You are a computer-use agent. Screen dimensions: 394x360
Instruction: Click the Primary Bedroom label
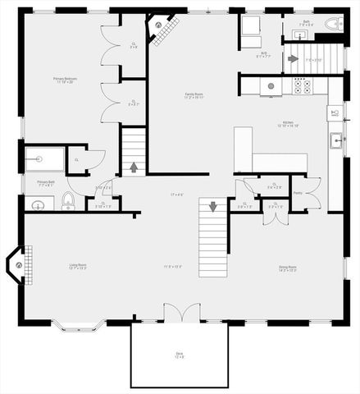(64, 80)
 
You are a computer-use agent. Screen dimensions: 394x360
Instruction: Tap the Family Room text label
(194, 96)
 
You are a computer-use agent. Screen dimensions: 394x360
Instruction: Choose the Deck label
(180, 355)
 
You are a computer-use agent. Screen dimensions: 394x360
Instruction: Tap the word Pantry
(297, 193)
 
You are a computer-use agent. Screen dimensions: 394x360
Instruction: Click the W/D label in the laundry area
(242, 55)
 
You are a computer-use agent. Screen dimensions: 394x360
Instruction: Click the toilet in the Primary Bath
(69, 201)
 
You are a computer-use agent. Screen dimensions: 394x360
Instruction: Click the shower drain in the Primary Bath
(35, 158)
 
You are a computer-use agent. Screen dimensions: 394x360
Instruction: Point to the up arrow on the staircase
(134, 167)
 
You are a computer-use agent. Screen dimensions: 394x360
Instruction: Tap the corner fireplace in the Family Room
(157, 25)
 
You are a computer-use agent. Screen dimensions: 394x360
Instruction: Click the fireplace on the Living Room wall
(16, 264)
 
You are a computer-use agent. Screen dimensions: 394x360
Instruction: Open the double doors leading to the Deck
(180, 314)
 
